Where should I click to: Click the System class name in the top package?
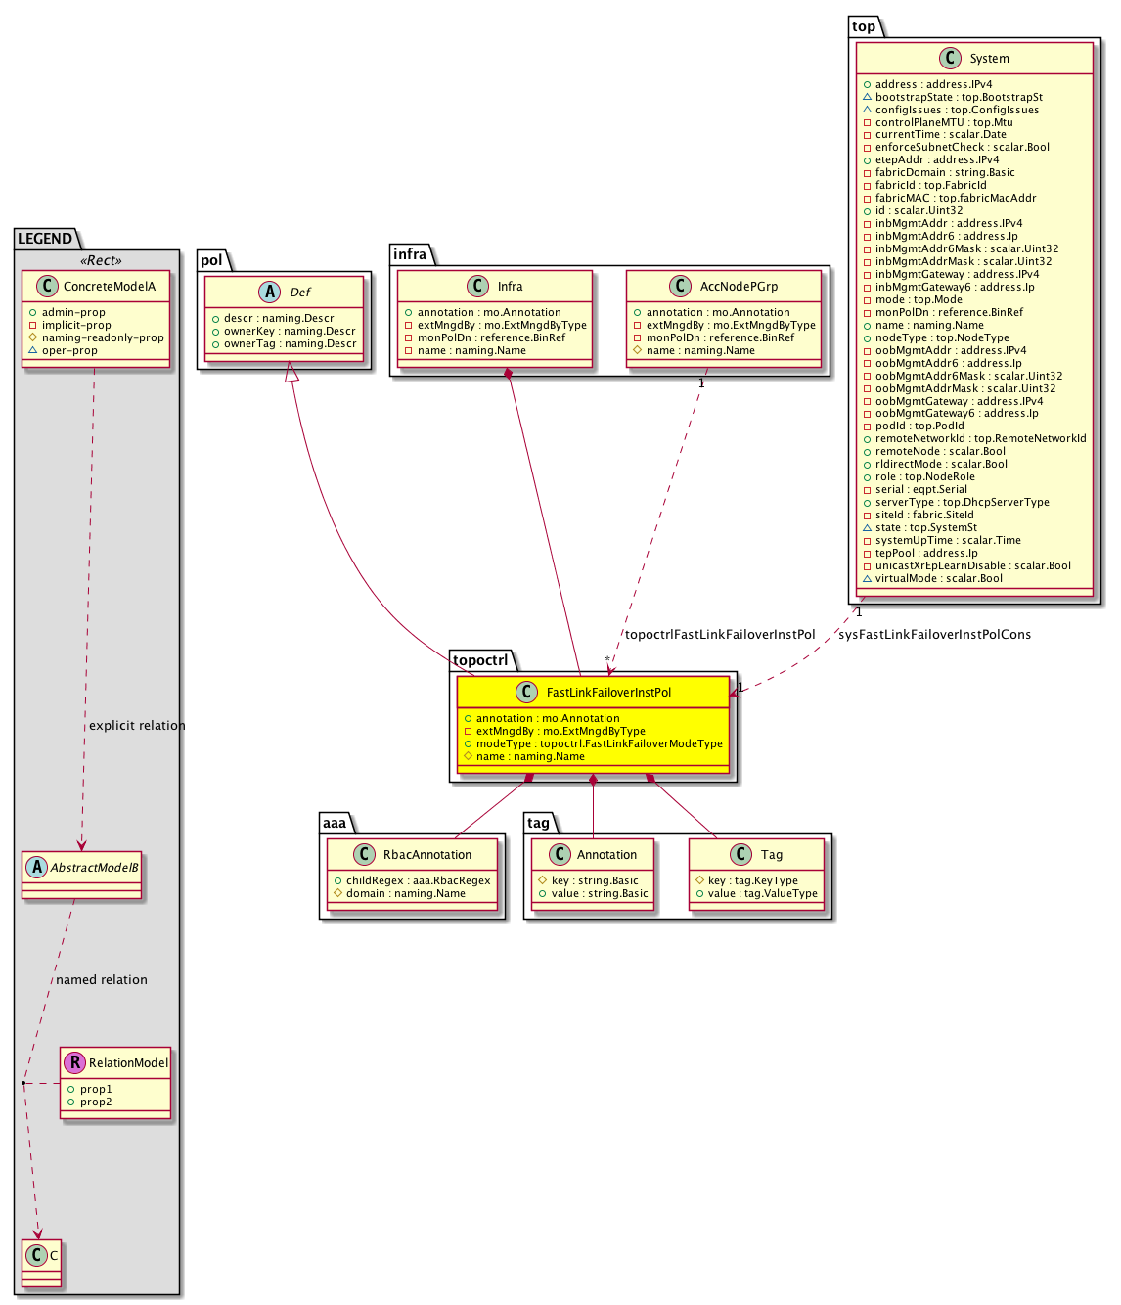(x=989, y=59)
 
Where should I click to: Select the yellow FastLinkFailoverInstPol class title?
(x=608, y=693)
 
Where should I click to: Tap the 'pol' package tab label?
(x=211, y=260)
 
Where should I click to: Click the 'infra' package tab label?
(x=410, y=255)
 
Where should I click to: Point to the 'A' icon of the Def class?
(x=270, y=292)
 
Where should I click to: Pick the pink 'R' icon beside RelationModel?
(x=74, y=1062)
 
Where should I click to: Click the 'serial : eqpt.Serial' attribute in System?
(x=920, y=490)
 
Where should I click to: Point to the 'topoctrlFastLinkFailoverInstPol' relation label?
(x=720, y=635)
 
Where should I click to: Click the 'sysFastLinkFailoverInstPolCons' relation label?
(x=934, y=635)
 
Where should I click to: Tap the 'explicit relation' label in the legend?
(x=136, y=726)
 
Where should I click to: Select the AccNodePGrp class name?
(x=739, y=287)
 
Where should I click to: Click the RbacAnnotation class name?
(x=426, y=855)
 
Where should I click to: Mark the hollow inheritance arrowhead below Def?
(x=291, y=372)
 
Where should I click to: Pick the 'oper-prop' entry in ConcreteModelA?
(x=69, y=351)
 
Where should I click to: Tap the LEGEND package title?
(x=45, y=239)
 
